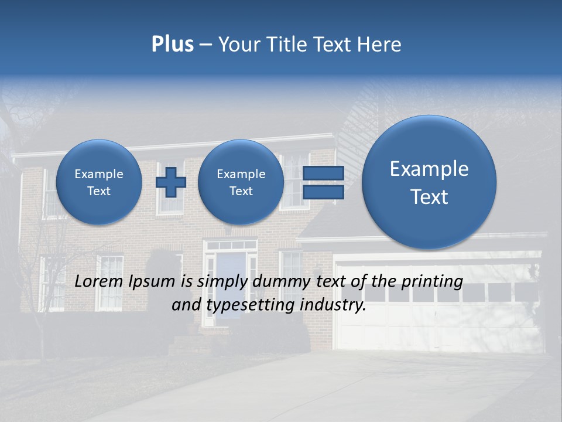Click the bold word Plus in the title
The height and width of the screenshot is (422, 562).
(x=172, y=45)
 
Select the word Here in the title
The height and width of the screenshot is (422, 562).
(x=380, y=45)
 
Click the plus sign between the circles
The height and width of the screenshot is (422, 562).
(x=171, y=182)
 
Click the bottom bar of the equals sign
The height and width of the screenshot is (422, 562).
(x=323, y=192)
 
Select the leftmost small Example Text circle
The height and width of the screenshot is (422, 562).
(x=99, y=182)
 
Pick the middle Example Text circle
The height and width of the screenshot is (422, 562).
(x=241, y=182)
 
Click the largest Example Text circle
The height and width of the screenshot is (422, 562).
(x=429, y=182)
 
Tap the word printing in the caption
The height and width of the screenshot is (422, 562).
(x=433, y=281)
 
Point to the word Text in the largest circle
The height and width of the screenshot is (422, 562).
(x=429, y=197)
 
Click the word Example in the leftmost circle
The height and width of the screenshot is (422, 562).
(x=99, y=174)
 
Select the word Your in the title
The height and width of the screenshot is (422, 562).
(x=236, y=45)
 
